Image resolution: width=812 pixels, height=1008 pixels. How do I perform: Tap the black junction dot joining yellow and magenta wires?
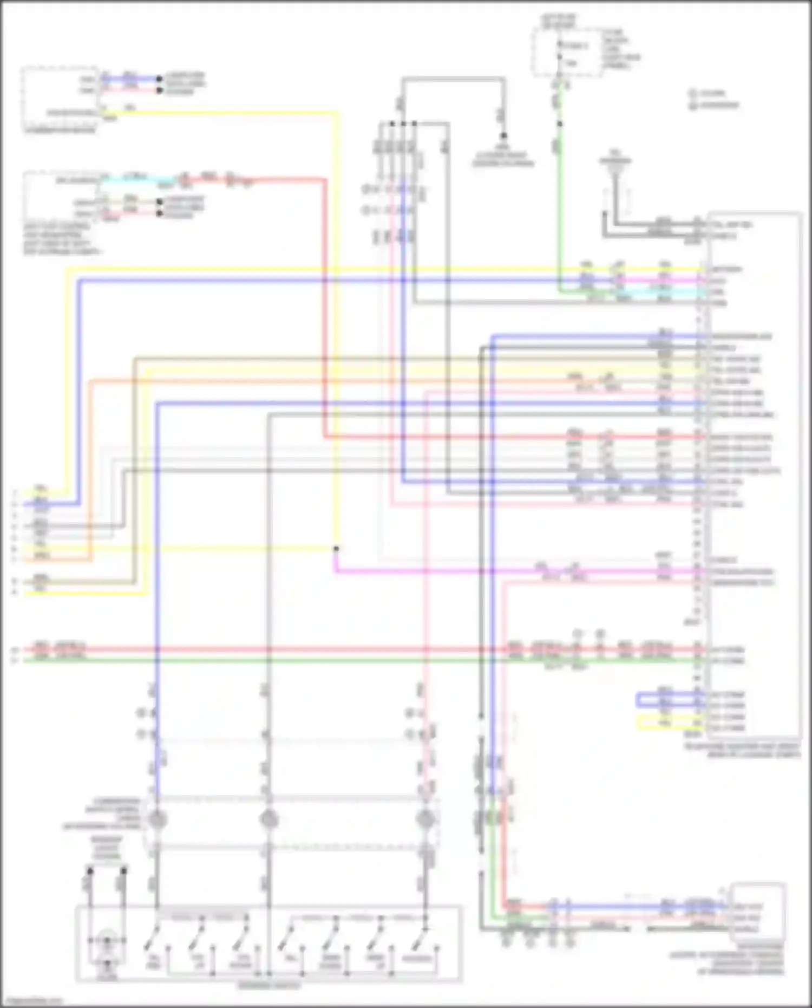point(336,549)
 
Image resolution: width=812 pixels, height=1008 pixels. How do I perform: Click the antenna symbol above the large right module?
point(615,165)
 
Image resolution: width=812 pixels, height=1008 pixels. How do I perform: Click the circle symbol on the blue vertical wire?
point(157,820)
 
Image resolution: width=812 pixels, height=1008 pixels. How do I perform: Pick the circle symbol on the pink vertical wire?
point(425,820)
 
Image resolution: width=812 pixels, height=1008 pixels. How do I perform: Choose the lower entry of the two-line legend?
point(715,105)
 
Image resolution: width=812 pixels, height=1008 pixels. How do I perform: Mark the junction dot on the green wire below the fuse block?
point(560,124)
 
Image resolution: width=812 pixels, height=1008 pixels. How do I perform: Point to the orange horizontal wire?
point(325,381)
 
